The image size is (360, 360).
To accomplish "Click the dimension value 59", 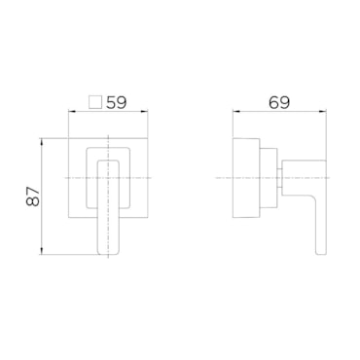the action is coord(117,102).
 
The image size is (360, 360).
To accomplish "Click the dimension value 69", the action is coord(279,102).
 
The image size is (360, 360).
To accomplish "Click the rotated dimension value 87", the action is coord(33,197).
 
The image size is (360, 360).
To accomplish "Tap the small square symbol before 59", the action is coord(95,102).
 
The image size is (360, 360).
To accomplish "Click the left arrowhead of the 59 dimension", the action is coord(72,112).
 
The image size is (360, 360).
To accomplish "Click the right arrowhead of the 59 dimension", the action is coord(144,112).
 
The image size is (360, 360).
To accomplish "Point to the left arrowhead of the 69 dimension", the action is coord(236,112).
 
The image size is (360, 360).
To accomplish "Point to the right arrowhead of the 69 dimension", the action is coord(322,112).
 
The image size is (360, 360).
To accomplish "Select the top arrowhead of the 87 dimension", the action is coord(42,142).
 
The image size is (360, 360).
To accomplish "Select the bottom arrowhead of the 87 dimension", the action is coord(42,250).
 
